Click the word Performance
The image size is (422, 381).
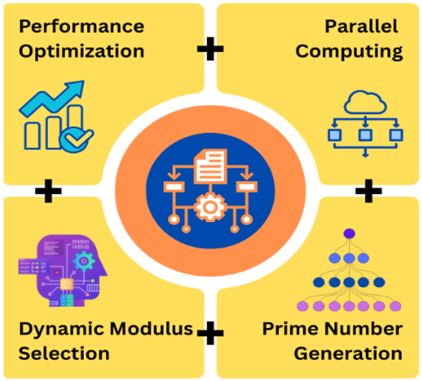(x=82, y=26)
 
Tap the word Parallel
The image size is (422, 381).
(x=361, y=26)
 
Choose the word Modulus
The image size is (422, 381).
(x=151, y=329)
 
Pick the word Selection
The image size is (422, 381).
(x=64, y=353)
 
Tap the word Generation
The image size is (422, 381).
(x=348, y=353)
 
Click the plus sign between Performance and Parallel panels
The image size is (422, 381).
(x=210, y=49)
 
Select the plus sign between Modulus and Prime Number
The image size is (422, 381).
(x=210, y=333)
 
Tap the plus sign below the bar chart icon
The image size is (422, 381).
(x=49, y=191)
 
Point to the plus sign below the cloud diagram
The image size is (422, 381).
(x=368, y=191)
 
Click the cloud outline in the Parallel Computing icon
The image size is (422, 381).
(x=365, y=103)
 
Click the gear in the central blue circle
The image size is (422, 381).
(x=210, y=207)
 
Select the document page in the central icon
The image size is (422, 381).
(x=210, y=166)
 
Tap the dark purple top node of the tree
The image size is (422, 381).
(x=349, y=233)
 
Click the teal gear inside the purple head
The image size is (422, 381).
(x=84, y=261)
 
